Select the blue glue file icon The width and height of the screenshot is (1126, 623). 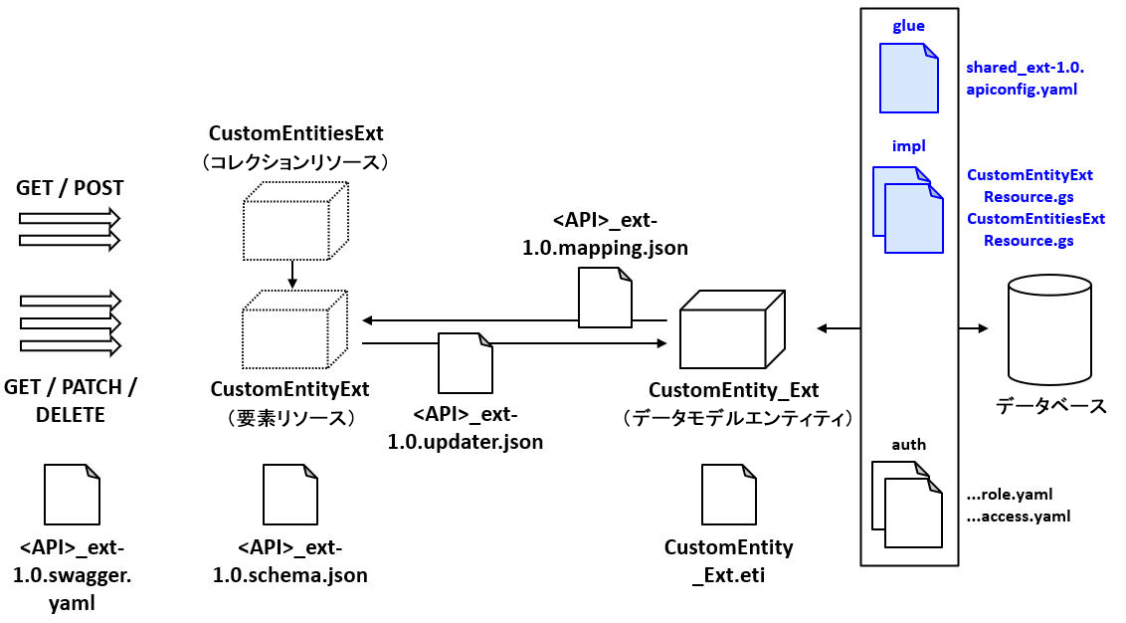(909, 77)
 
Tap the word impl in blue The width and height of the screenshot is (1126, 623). (908, 146)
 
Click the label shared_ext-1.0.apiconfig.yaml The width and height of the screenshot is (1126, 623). (1024, 79)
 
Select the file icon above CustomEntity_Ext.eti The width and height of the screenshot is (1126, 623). (728, 494)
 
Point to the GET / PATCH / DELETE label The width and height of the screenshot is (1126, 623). (71, 400)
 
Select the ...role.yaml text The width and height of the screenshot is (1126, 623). (1009, 494)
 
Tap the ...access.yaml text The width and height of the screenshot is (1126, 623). (1018, 517)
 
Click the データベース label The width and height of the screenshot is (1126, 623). (1050, 406)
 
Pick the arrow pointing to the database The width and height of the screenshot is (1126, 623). (974, 327)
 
